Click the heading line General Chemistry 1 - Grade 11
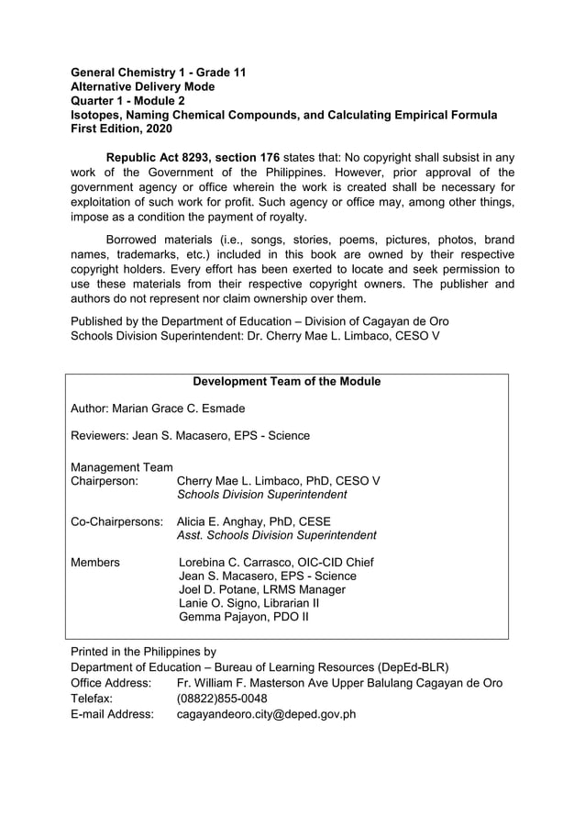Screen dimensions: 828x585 tap(158, 72)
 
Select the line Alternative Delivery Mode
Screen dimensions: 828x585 tap(143, 86)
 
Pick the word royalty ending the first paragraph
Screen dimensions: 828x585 tap(282, 217)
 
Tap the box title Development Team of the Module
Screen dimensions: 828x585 tap(286, 381)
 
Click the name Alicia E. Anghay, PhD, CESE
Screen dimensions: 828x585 tap(253, 521)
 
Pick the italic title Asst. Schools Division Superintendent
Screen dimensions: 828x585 tap(276, 535)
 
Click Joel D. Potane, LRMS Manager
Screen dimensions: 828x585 tap(262, 589)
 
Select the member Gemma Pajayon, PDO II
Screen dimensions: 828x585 tap(243, 617)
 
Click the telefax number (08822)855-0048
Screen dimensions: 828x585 tap(222, 698)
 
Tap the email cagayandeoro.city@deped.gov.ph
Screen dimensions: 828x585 tap(266, 713)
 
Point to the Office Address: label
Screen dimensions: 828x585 tap(111, 683)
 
